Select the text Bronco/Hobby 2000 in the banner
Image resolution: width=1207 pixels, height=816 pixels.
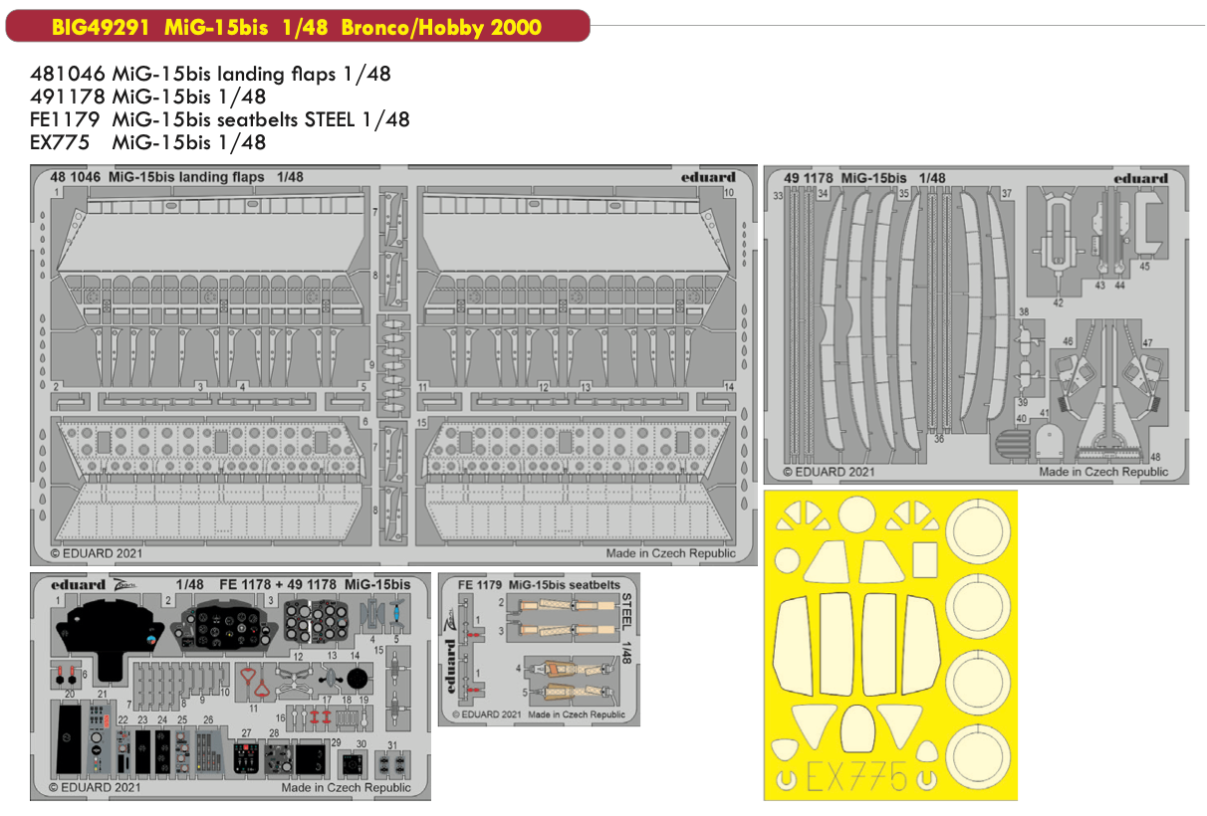(441, 27)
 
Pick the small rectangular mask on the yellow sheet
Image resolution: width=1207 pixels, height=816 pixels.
(926, 561)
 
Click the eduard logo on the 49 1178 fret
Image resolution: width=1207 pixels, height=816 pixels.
(1140, 178)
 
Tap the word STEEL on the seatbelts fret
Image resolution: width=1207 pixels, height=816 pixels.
(627, 609)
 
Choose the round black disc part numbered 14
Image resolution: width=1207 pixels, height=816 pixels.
(356, 677)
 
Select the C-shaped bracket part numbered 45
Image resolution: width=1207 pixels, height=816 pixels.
(1150, 220)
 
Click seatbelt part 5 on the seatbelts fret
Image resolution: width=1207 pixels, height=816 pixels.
(571, 691)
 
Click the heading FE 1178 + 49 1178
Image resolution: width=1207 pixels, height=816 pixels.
(275, 584)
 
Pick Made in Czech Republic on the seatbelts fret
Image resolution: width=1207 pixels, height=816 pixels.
(577, 714)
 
